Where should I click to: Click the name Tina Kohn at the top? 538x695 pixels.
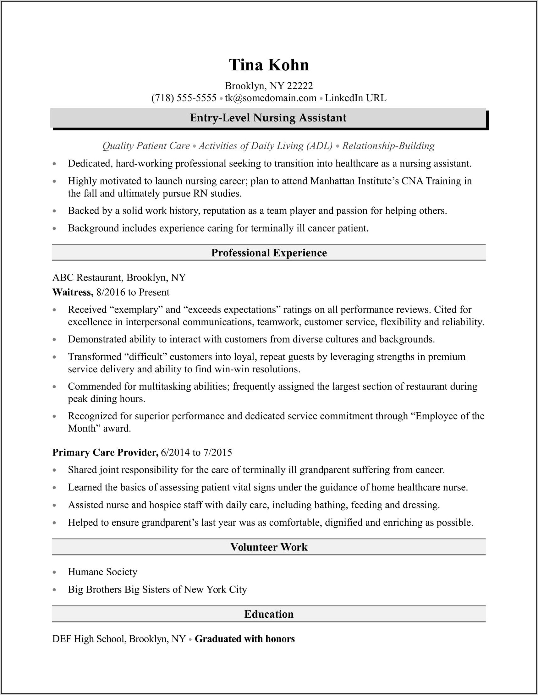(269, 65)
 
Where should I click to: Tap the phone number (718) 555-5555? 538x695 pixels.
(184, 98)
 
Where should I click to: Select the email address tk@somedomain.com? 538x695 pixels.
(271, 98)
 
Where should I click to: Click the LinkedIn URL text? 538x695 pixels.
(355, 98)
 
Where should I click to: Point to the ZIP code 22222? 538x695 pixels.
(299, 85)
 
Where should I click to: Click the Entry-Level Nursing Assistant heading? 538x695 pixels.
(268, 118)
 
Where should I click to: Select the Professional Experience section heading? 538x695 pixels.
(269, 253)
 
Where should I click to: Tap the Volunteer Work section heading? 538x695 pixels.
(269, 547)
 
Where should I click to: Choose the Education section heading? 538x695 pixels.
(269, 614)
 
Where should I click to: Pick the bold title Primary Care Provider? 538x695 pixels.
(105, 452)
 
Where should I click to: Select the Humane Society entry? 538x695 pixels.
(102, 572)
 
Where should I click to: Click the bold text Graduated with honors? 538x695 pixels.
(244, 639)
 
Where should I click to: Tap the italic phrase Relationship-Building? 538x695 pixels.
(388, 146)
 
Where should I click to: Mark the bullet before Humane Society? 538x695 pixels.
(54, 572)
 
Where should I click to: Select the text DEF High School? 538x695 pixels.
(89, 639)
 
